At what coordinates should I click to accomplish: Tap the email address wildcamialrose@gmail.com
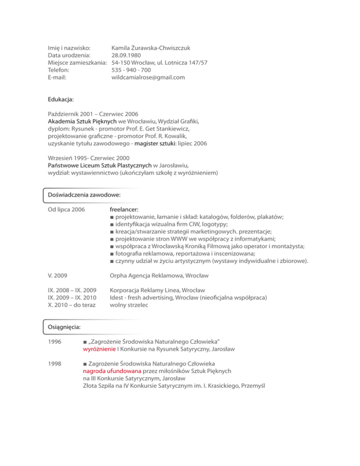point(148,77)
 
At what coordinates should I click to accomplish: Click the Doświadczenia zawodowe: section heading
point(82,194)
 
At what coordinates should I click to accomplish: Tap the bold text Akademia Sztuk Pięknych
point(79,120)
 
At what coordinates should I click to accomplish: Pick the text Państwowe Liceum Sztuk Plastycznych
point(100,165)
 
